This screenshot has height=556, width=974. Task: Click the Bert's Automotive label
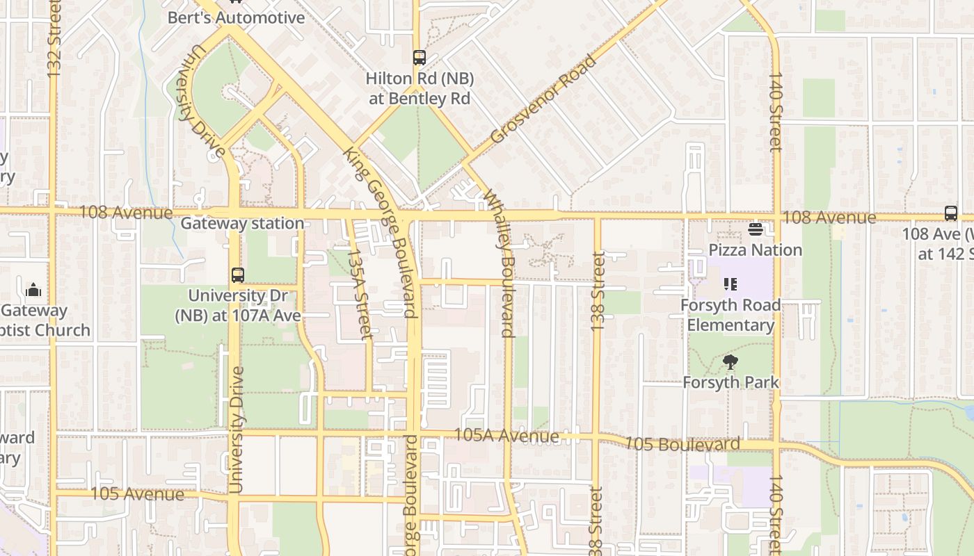click(x=237, y=17)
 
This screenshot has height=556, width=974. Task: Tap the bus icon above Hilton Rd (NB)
click(x=419, y=58)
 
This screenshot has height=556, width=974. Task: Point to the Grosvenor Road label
click(x=543, y=99)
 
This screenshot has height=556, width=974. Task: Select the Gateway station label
click(x=242, y=224)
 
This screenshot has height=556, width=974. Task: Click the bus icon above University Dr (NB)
click(x=238, y=275)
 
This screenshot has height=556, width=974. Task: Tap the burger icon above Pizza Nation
click(x=756, y=229)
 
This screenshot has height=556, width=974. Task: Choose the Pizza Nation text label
click(x=756, y=250)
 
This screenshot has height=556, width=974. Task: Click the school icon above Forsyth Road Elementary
click(x=730, y=284)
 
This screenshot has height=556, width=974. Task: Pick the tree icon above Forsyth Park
click(x=730, y=361)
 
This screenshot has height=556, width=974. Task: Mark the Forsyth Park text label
click(x=730, y=382)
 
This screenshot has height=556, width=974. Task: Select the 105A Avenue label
click(x=506, y=436)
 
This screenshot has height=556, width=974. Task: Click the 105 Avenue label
click(x=138, y=494)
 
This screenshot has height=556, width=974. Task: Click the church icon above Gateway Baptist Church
click(x=33, y=291)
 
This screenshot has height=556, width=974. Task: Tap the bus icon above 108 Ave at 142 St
click(x=950, y=213)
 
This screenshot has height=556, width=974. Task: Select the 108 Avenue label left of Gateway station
click(x=125, y=212)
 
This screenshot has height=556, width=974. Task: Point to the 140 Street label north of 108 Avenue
click(x=776, y=111)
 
